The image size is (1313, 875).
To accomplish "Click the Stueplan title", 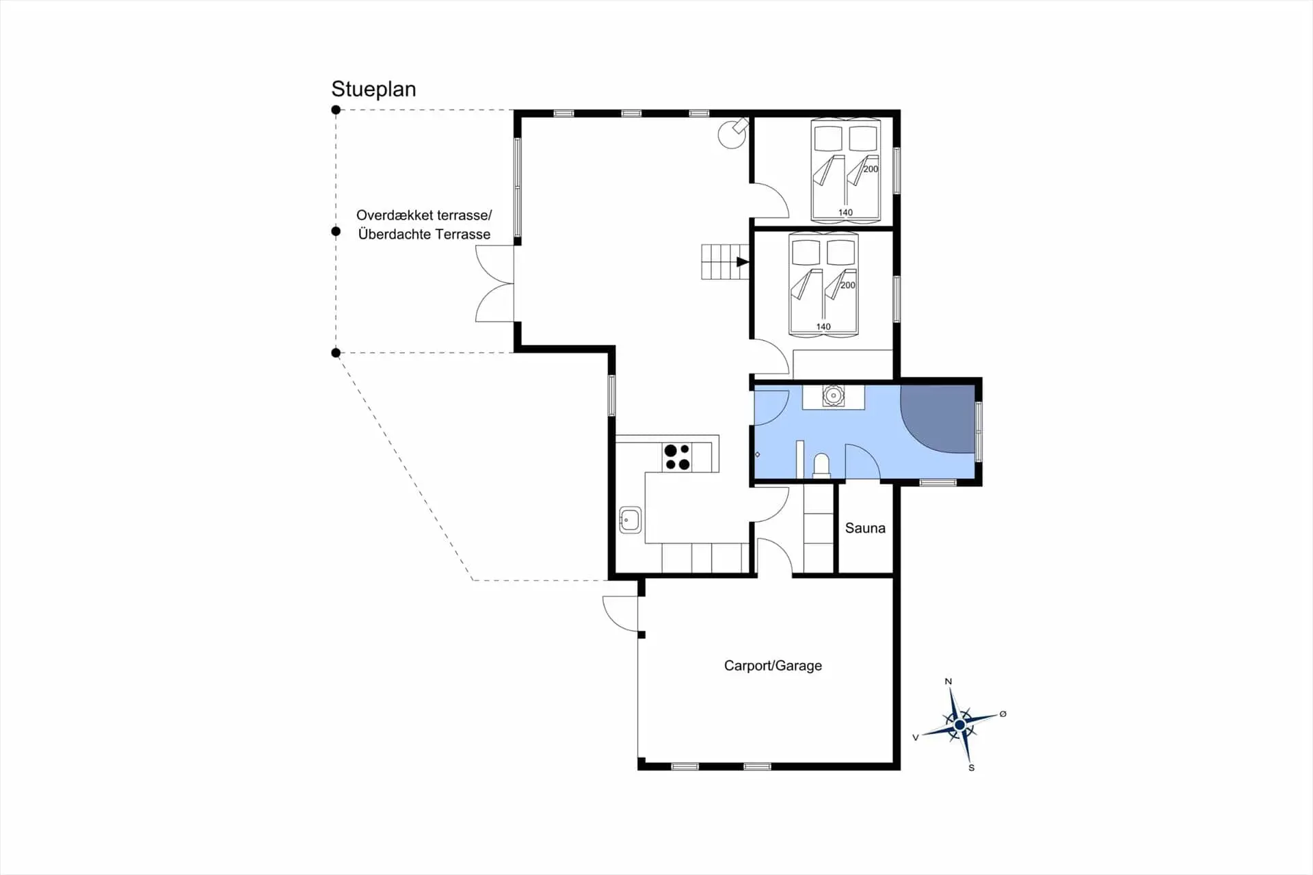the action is [x=373, y=90].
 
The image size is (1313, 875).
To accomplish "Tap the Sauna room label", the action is [x=865, y=528].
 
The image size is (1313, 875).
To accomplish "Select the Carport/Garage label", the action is [x=773, y=666].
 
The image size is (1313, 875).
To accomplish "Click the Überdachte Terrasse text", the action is [x=424, y=234].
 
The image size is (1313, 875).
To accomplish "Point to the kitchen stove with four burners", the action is [x=677, y=457].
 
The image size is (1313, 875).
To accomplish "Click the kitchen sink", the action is [x=630, y=520].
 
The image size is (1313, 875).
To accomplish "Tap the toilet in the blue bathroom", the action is [x=821, y=465].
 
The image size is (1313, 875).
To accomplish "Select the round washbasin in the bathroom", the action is [x=833, y=395].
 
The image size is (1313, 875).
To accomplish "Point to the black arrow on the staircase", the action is [x=743, y=262].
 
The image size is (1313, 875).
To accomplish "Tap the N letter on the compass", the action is [x=948, y=681].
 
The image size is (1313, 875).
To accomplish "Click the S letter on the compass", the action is [x=971, y=768].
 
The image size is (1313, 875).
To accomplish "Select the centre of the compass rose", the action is [x=959, y=724].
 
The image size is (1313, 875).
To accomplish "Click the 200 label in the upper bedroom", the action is [x=871, y=169].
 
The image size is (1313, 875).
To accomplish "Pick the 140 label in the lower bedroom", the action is [x=823, y=327].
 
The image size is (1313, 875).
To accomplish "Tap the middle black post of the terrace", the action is [x=336, y=231].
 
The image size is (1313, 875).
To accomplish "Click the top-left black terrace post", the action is [x=336, y=109].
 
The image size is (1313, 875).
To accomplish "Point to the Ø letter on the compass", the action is [x=1003, y=714].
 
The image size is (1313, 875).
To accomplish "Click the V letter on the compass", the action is [x=916, y=737].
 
